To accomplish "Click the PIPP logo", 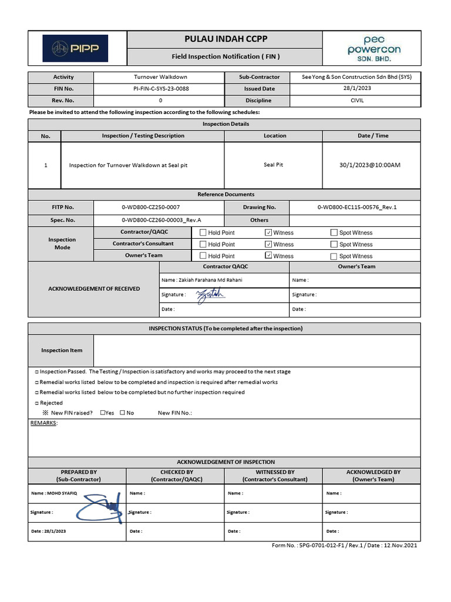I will pyautogui.click(x=75, y=48).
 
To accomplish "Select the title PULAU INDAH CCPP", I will pyautogui.click(x=225, y=39).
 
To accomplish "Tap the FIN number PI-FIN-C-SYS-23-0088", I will pyautogui.click(x=161, y=89).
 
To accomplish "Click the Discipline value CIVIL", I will pyautogui.click(x=356, y=101).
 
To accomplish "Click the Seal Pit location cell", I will pyautogui.click(x=273, y=165).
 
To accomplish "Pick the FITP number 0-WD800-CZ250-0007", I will pyautogui.click(x=150, y=208).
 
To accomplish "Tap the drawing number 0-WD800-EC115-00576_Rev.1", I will pyautogui.click(x=357, y=208).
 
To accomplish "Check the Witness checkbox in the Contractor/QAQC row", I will pyautogui.click(x=269, y=233).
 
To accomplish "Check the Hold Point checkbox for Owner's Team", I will pyautogui.click(x=203, y=256).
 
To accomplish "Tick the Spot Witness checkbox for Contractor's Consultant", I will pyautogui.click(x=334, y=245).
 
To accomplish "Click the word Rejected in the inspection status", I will pyautogui.click(x=51, y=403).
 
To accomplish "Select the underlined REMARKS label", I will pyautogui.click(x=43, y=423).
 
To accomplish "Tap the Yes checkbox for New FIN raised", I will pyautogui.click(x=103, y=413).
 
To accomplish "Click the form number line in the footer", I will pyautogui.click(x=344, y=546).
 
